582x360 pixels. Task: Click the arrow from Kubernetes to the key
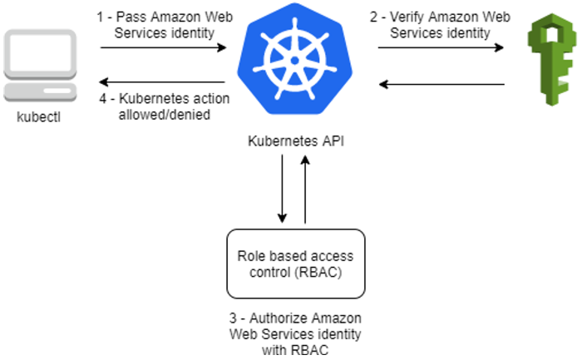(441, 47)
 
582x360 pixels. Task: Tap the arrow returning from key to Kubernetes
(441, 83)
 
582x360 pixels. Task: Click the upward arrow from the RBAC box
(306, 191)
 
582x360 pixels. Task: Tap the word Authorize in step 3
(265, 319)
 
